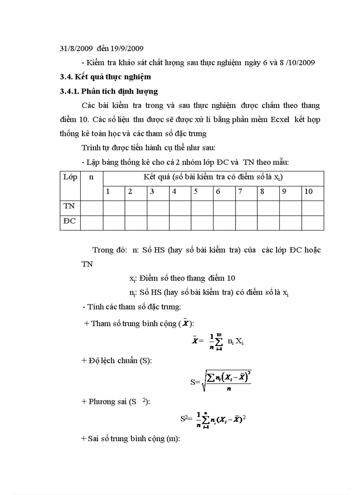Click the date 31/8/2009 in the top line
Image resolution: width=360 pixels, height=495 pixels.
[x=76, y=48]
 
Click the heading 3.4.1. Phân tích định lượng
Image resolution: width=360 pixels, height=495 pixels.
[x=109, y=91]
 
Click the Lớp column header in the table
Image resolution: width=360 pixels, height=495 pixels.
[x=70, y=178]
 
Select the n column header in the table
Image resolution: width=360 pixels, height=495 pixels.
[x=92, y=178]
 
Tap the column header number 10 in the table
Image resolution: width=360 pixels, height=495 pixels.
[x=309, y=192]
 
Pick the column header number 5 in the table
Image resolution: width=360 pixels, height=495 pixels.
[x=196, y=192]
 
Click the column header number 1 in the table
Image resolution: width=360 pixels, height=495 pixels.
[x=108, y=192]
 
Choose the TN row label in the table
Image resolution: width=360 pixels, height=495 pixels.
[x=69, y=206]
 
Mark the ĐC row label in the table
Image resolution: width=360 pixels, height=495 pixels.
[x=70, y=221]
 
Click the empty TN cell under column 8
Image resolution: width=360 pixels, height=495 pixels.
[x=268, y=208]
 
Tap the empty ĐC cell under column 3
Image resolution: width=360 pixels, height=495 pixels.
[x=157, y=223]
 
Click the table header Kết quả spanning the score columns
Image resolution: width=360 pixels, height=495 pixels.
[x=213, y=177]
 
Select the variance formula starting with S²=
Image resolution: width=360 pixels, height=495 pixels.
[x=213, y=419]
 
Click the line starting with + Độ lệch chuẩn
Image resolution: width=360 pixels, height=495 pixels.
[x=117, y=361]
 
